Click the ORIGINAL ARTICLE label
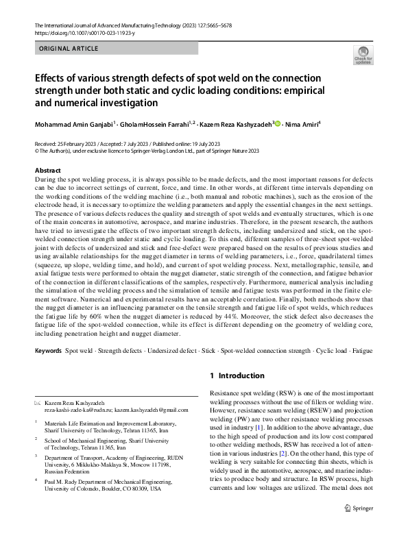point(69,49)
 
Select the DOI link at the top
point(79,33)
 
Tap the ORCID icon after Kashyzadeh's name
point(277,124)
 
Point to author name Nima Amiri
point(303,124)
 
